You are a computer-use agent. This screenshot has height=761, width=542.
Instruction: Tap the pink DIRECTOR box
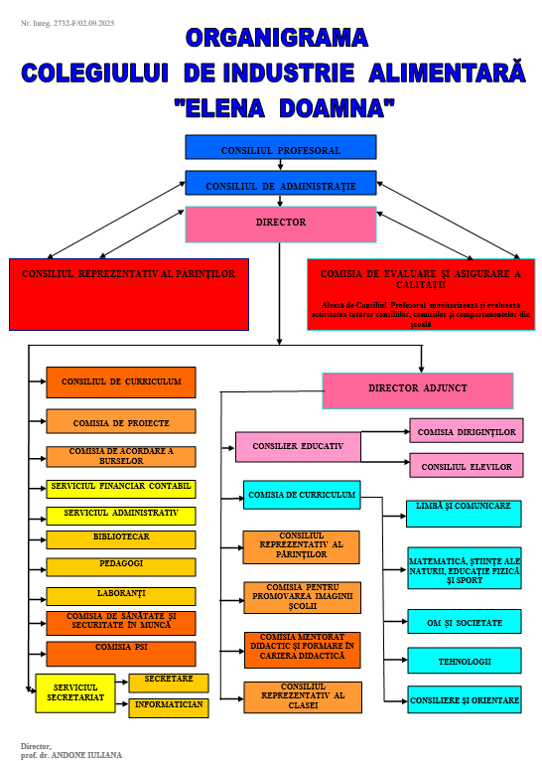point(281,225)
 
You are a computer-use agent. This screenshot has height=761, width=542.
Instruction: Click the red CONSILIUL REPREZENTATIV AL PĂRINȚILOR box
point(129,294)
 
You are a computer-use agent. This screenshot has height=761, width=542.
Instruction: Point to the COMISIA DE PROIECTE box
point(121,421)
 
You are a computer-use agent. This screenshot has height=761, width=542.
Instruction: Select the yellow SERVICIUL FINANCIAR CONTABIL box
point(121,489)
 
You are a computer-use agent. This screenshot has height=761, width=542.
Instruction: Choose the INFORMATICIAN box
point(169,707)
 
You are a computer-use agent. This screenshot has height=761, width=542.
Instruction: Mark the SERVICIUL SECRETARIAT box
point(75,692)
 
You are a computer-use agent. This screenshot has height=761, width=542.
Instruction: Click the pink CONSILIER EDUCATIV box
point(298,447)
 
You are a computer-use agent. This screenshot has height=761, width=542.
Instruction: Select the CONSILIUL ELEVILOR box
point(467,465)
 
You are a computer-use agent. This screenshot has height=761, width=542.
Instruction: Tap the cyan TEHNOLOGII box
point(465,661)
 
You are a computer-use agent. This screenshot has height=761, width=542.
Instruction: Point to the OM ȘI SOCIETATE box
point(465,622)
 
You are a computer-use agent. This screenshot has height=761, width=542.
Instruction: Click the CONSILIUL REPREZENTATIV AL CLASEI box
point(303,696)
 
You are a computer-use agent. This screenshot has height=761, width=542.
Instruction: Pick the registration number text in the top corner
point(68,22)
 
